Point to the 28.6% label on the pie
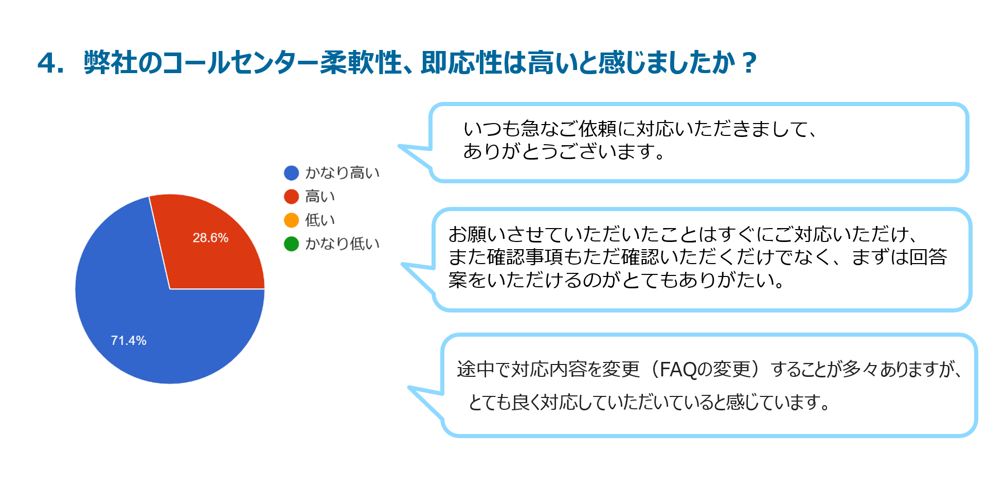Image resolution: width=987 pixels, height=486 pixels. [x=210, y=238]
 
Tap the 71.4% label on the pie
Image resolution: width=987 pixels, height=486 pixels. [x=129, y=340]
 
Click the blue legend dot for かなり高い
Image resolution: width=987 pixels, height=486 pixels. [x=292, y=173]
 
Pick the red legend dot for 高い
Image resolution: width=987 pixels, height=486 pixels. [x=292, y=197]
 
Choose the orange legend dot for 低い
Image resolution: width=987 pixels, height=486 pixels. [x=292, y=220]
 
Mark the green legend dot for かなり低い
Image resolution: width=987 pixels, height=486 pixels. [x=292, y=244]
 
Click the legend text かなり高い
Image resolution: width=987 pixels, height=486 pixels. [x=343, y=173]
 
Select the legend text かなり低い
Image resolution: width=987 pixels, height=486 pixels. [x=343, y=244]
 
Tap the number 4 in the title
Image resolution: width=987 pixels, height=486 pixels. [x=47, y=63]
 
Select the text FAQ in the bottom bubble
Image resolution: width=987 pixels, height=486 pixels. [x=678, y=370]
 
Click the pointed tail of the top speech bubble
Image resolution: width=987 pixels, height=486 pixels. [x=400, y=147]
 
